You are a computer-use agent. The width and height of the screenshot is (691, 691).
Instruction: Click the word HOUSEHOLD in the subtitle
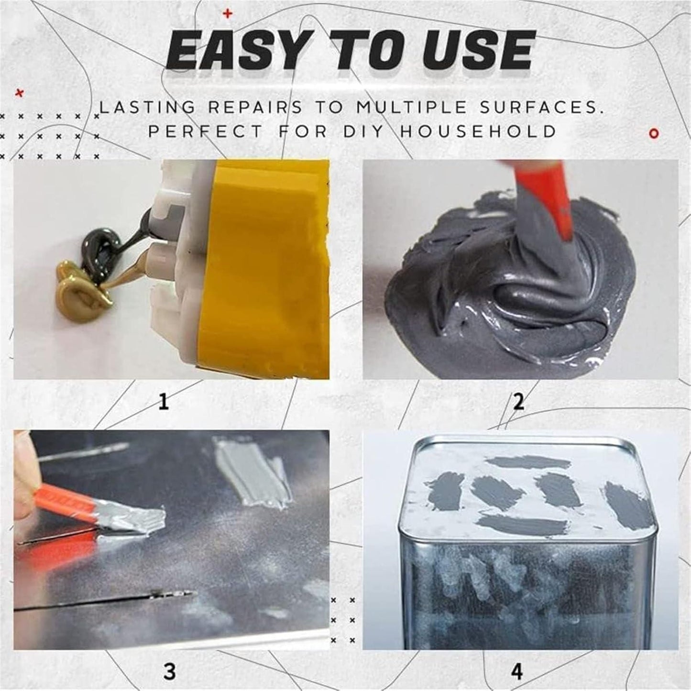pos(478,131)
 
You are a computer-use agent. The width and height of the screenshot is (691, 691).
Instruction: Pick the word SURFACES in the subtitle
pos(540,107)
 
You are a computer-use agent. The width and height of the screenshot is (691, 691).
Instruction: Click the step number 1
pos(164,402)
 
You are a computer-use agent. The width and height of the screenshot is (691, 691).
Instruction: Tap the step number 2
pos(519,402)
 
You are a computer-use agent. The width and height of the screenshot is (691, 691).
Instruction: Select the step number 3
pos(169,671)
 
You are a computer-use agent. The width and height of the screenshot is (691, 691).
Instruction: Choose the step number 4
pos(517,672)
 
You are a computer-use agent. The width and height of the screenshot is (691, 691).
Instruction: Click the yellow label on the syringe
pos(268,268)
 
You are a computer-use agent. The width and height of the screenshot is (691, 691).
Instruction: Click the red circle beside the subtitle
pos(654,133)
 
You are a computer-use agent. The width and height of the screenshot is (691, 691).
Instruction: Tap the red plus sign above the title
pos(228,14)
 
